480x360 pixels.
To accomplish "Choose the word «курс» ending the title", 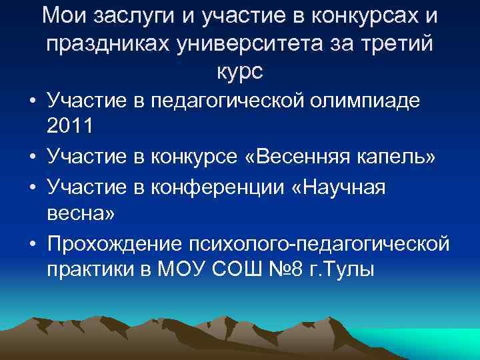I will click(x=239, y=71).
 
